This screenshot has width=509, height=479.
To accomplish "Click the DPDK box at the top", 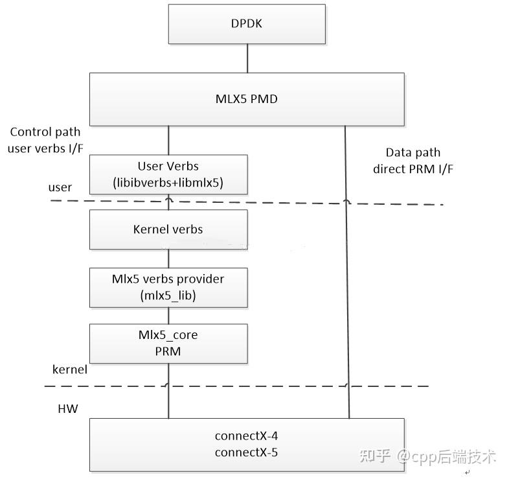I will pyautogui.click(x=246, y=25).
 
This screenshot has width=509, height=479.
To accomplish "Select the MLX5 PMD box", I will pyautogui.click(x=246, y=99).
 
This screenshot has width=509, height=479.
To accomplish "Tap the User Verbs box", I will pyautogui.click(x=168, y=174).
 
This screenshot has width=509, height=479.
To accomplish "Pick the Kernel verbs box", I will pyautogui.click(x=168, y=229).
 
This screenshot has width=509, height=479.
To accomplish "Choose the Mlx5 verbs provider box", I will pyautogui.click(x=168, y=287).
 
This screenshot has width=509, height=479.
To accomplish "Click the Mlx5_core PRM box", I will pyautogui.click(x=168, y=344).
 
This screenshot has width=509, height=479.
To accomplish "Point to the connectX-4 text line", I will pyautogui.click(x=246, y=436).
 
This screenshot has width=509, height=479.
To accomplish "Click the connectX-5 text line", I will pyautogui.click(x=246, y=452).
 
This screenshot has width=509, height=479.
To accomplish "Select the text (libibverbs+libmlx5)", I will pyautogui.click(x=168, y=183).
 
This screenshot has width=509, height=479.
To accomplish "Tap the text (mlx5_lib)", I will pyautogui.click(x=168, y=296).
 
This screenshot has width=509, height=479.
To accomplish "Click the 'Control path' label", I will pyautogui.click(x=45, y=132).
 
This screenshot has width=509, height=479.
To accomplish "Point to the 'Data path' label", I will pyautogui.click(x=413, y=153).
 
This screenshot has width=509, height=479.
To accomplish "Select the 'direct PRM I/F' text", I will pyautogui.click(x=413, y=169).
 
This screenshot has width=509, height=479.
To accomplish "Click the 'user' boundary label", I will pyautogui.click(x=60, y=187).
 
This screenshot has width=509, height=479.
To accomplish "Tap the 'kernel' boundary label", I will pyautogui.click(x=69, y=369).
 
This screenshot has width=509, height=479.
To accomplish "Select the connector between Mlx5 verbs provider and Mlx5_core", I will pyautogui.click(x=169, y=316).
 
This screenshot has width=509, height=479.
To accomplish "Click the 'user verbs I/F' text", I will pyautogui.click(x=45, y=148).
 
